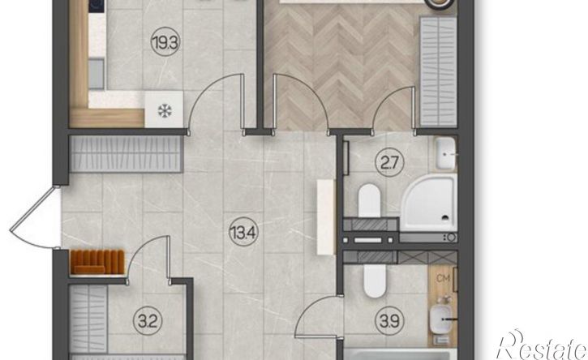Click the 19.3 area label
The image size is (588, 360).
(165, 43)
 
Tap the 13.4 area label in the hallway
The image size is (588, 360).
(243, 233)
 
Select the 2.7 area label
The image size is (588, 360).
(389, 163)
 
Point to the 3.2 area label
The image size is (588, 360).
(148, 321)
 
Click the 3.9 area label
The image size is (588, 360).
(389, 321)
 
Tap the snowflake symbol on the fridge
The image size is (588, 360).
(165, 110)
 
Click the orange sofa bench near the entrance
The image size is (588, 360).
(97, 262)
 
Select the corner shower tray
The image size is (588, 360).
(429, 203)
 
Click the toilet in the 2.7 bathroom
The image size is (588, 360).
(369, 200)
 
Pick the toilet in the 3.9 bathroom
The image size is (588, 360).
(374, 281)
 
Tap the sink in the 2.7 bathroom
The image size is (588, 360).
(446, 153)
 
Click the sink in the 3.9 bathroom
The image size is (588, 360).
(441, 319)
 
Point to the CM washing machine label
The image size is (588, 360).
(444, 279)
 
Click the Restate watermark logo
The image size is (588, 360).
(541, 345)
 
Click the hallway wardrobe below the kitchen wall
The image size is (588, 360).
(127, 154)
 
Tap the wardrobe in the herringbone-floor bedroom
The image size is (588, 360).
(439, 71)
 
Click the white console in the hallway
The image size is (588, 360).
(326, 217)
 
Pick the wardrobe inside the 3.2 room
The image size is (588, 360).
(88, 319)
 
